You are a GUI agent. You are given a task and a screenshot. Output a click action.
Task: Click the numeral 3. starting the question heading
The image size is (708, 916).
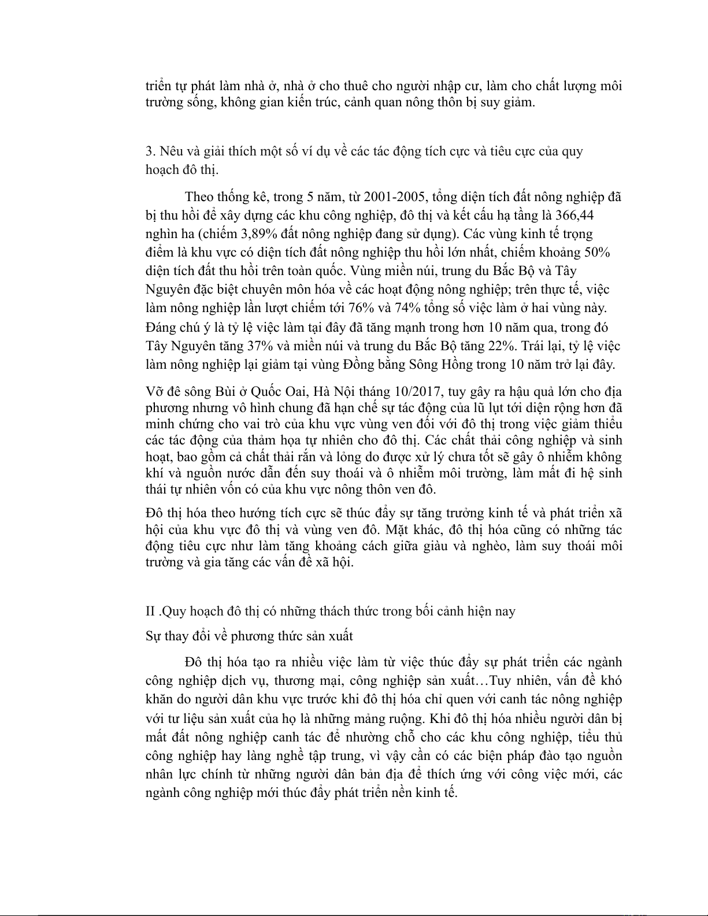point(150,151)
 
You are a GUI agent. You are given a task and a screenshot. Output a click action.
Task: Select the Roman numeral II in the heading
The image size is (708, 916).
point(150,611)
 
